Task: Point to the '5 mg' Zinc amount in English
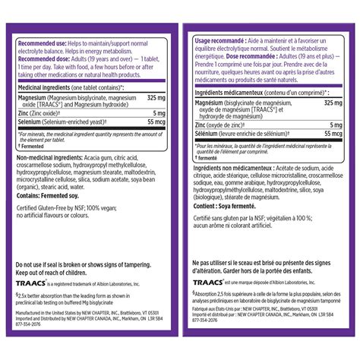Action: pyautogui.click(x=163, y=112)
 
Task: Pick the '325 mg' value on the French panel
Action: pyautogui.click(x=333, y=103)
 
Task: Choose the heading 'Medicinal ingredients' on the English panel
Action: pyautogui.click(x=47, y=88)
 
